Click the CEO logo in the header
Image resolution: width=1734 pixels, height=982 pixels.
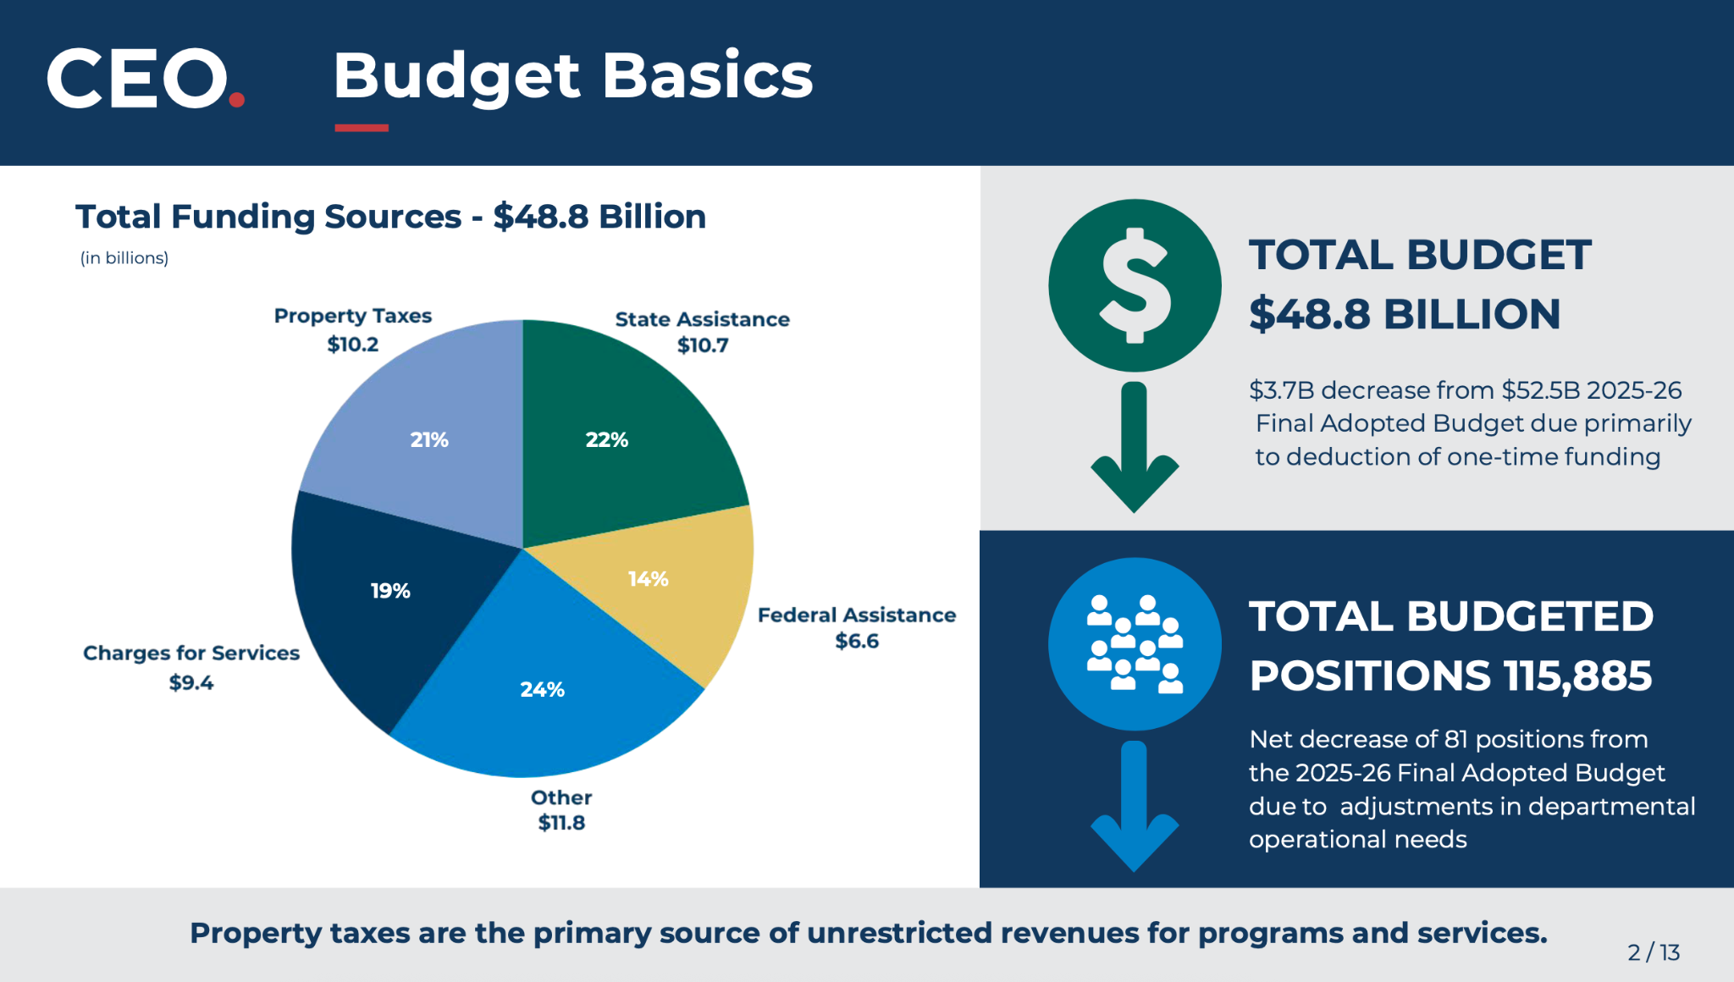(x=146, y=78)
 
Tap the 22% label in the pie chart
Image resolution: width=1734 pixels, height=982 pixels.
(x=607, y=439)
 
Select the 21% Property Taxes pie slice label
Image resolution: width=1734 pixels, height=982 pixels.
(x=429, y=439)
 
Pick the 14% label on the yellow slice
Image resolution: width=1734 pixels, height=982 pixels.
(x=649, y=579)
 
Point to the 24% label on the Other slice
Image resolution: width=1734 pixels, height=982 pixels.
(x=543, y=689)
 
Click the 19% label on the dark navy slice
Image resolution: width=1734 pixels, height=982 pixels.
(x=390, y=591)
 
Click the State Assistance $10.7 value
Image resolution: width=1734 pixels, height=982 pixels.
(x=703, y=345)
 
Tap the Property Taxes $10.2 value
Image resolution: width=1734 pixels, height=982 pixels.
(x=353, y=345)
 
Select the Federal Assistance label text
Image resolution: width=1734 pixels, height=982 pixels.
(x=857, y=615)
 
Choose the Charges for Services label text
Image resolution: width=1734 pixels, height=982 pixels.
(x=191, y=653)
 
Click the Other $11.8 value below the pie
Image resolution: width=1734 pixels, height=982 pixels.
(x=561, y=823)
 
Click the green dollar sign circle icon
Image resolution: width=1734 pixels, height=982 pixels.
(x=1135, y=285)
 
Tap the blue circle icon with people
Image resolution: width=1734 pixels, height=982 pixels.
(x=1135, y=643)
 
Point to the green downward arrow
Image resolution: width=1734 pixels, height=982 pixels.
(x=1135, y=447)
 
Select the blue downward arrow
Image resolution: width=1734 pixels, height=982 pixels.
(x=1135, y=806)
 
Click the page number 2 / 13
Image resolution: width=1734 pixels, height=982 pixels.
(x=1654, y=952)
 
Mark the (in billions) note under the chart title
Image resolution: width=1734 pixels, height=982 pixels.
(x=124, y=258)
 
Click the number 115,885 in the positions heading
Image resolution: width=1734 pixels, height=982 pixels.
(x=1577, y=676)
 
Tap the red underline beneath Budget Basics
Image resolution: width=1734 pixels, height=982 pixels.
(x=362, y=128)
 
